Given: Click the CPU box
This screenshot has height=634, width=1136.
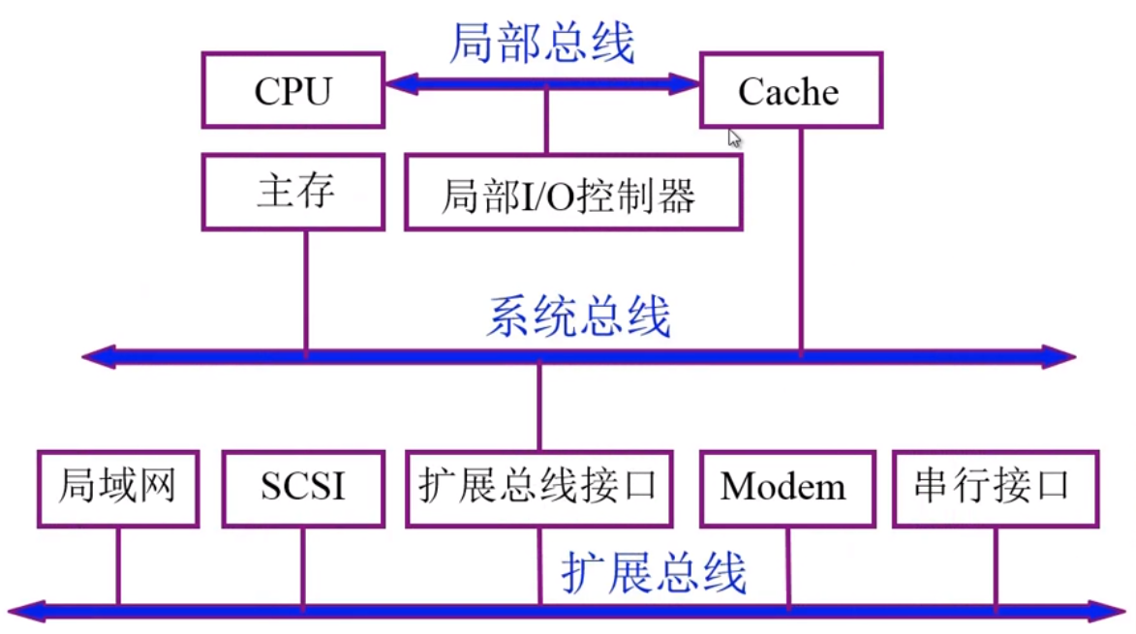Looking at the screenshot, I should (293, 91).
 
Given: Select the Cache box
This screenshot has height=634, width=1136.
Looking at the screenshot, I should (790, 91).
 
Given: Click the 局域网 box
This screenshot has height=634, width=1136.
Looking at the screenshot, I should (117, 486).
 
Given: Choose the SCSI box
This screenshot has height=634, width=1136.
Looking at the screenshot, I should (302, 486).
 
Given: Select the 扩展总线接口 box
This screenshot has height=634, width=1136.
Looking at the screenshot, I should (538, 486).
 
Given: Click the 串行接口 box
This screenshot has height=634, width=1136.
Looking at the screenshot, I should (994, 486).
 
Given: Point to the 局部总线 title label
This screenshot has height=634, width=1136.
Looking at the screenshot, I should (541, 44).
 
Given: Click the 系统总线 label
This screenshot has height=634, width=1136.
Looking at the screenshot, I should (578, 317).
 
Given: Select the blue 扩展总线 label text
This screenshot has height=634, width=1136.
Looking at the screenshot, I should (655, 572).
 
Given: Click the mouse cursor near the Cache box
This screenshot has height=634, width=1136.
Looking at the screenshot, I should (735, 137).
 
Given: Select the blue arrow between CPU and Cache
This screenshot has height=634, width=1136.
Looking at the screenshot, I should (542, 84).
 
